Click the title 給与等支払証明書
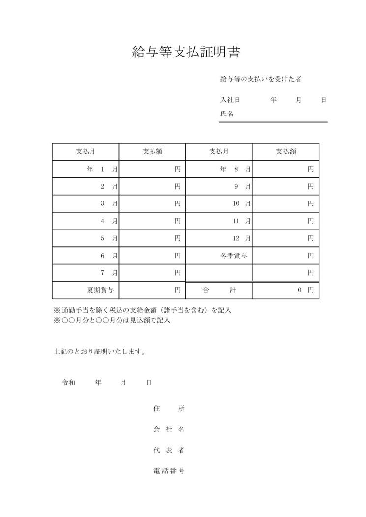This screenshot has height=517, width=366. click(x=186, y=53)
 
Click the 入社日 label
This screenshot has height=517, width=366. click(x=230, y=100)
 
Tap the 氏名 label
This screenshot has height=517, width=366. click(x=226, y=114)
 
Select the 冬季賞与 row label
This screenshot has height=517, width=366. click(x=234, y=256)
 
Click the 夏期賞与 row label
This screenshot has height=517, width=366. click(x=100, y=290)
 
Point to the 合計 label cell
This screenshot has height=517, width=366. click(x=219, y=290)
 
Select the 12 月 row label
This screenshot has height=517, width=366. click(x=241, y=238)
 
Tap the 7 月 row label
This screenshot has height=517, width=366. click(x=109, y=273)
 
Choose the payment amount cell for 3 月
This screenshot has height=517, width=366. click(x=152, y=203)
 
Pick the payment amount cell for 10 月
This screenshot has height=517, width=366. click(x=286, y=203)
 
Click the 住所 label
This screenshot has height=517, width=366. click(x=169, y=408)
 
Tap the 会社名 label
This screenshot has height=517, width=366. click(x=169, y=429)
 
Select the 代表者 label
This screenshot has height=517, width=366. click(x=169, y=450)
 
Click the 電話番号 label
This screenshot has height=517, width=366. click(x=169, y=471)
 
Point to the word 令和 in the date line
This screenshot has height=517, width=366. click(x=68, y=382)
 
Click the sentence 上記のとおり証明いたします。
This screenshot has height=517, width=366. click(x=99, y=352)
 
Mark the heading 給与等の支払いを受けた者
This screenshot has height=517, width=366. click(x=264, y=79)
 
